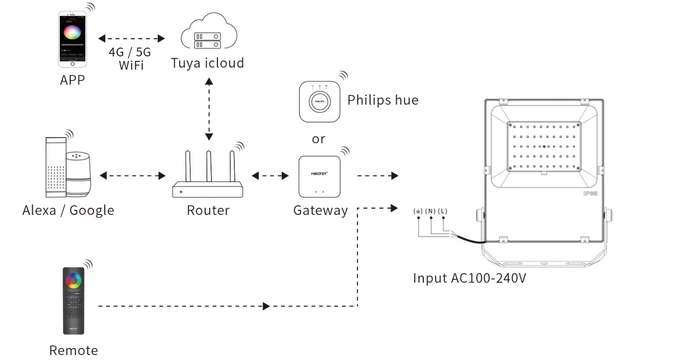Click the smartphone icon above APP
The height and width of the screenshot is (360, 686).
[72, 39]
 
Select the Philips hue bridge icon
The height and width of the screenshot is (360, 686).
[319, 102]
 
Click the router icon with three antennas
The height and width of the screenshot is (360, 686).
[208, 177]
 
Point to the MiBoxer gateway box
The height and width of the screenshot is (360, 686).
[319, 177]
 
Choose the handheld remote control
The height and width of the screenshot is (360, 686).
[73, 300]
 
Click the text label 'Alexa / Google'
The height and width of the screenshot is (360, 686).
[68, 210]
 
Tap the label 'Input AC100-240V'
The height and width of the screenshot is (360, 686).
[469, 278]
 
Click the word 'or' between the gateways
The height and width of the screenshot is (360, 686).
[319, 139]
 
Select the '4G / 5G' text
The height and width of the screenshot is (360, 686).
[130, 52]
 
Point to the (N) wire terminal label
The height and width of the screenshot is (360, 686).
[431, 211]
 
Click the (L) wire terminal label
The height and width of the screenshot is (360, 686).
[443, 211]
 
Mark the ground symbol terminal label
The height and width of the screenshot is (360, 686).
[418, 211]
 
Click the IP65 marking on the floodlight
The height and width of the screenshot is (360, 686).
[590, 193]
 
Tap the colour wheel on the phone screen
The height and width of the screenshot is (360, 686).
[72, 33]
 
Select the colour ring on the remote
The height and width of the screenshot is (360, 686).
[73, 281]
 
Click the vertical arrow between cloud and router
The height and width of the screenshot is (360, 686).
[209, 109]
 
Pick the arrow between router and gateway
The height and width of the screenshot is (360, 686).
[270, 176]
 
